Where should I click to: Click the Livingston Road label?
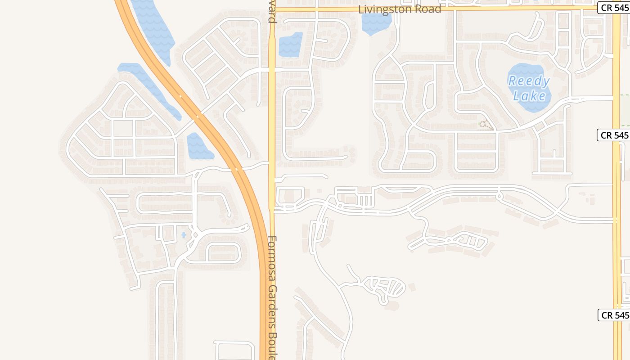[400, 9]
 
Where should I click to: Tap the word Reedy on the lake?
[529, 81]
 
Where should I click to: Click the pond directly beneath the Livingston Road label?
[376, 23]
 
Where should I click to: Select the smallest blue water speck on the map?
[183, 234]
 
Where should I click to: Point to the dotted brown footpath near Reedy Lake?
[485, 125]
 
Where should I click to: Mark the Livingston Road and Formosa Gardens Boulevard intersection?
[272, 9]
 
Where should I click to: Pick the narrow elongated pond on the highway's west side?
[151, 88]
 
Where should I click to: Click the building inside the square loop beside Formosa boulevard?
[288, 196]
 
